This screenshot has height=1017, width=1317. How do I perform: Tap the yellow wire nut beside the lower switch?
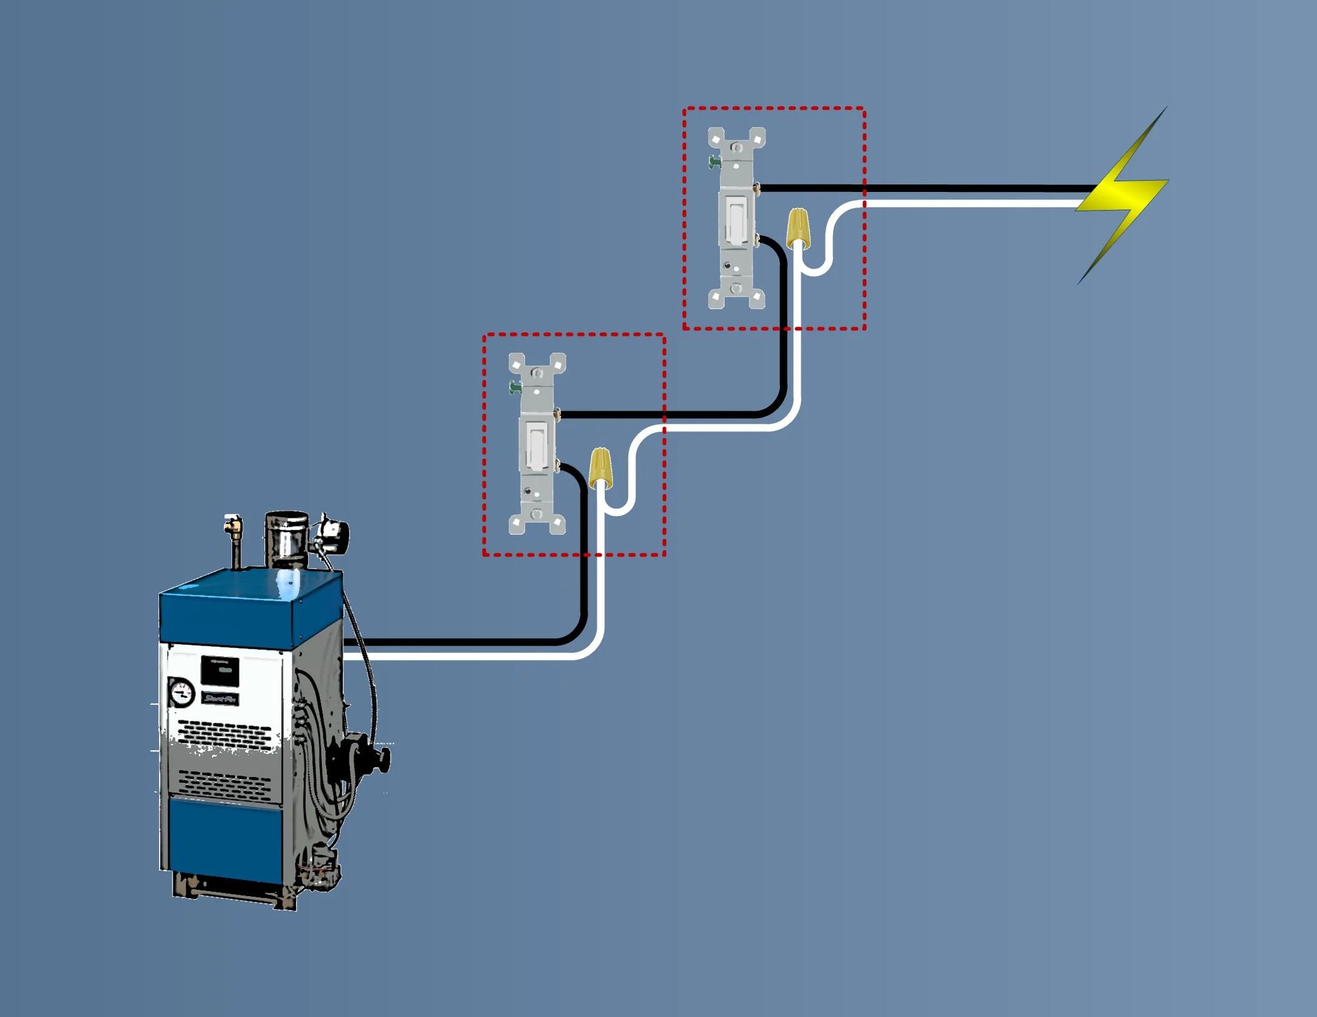click(x=600, y=467)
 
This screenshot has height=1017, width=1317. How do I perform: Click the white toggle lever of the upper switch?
click(x=736, y=218)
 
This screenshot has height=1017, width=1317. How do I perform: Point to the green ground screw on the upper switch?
click(x=714, y=162)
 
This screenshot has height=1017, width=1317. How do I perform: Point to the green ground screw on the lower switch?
click(x=514, y=388)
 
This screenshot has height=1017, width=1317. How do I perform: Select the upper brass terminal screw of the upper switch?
click(x=756, y=187)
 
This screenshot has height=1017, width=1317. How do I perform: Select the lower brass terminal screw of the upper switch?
click(x=756, y=237)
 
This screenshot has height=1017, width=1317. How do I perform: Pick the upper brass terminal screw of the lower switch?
click(x=557, y=414)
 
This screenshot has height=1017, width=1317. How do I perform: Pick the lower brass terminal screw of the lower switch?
click(x=557, y=464)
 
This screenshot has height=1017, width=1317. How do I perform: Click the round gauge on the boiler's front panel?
click(x=182, y=692)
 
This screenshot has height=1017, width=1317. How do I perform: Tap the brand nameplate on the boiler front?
click(x=221, y=699)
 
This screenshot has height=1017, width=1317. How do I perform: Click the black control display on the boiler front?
click(x=219, y=671)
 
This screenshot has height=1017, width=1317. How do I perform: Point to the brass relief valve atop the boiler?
click(x=234, y=527)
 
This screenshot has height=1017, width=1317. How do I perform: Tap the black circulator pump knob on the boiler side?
click(x=380, y=759)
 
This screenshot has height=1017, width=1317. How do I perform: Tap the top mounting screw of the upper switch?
click(x=736, y=148)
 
